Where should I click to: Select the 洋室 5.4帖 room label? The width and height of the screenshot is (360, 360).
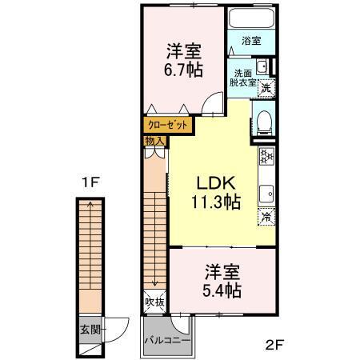tap(222, 281)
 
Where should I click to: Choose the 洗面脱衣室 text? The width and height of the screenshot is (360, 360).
tap(242, 76)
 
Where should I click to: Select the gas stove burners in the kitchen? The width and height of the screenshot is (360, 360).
tap(266, 158)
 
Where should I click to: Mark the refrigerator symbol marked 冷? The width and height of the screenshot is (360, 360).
tap(266, 217)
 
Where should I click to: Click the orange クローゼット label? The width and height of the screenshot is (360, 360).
tap(168, 125)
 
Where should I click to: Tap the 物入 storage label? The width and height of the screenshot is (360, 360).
tap(154, 142)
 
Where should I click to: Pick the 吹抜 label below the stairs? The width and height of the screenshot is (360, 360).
tap(155, 302)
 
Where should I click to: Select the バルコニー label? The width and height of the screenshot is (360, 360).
tap(167, 340)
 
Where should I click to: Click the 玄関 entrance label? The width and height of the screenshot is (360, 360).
tap(89, 329)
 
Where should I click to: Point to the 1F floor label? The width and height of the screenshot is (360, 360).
tap(89, 182)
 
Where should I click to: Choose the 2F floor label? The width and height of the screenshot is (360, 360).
tap(274, 346)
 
